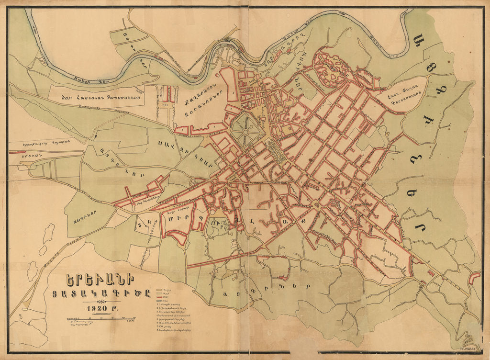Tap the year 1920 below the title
pyautogui.click(x=99, y=309)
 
